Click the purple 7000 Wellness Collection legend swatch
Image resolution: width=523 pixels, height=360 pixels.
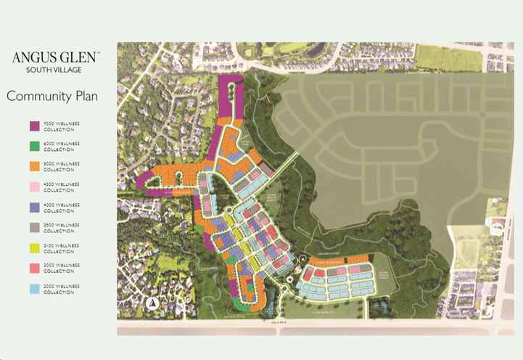coord(34,126)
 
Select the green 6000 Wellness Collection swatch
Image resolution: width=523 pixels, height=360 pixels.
coord(34,146)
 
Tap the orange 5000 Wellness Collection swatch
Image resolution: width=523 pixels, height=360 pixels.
coord(34,166)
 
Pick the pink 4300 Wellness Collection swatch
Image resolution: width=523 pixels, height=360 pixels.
coord(34,187)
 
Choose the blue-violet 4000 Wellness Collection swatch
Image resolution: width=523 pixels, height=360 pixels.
coord(34,207)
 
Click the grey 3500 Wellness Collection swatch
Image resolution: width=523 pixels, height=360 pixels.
coord(34,227)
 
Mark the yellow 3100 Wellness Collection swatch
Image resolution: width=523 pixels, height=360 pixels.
coord(34,247)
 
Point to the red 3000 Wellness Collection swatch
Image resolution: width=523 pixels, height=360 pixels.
coord(34,268)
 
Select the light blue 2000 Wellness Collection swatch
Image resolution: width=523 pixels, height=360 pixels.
coord(34,288)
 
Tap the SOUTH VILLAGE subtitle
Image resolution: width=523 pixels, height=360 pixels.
coord(53,70)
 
